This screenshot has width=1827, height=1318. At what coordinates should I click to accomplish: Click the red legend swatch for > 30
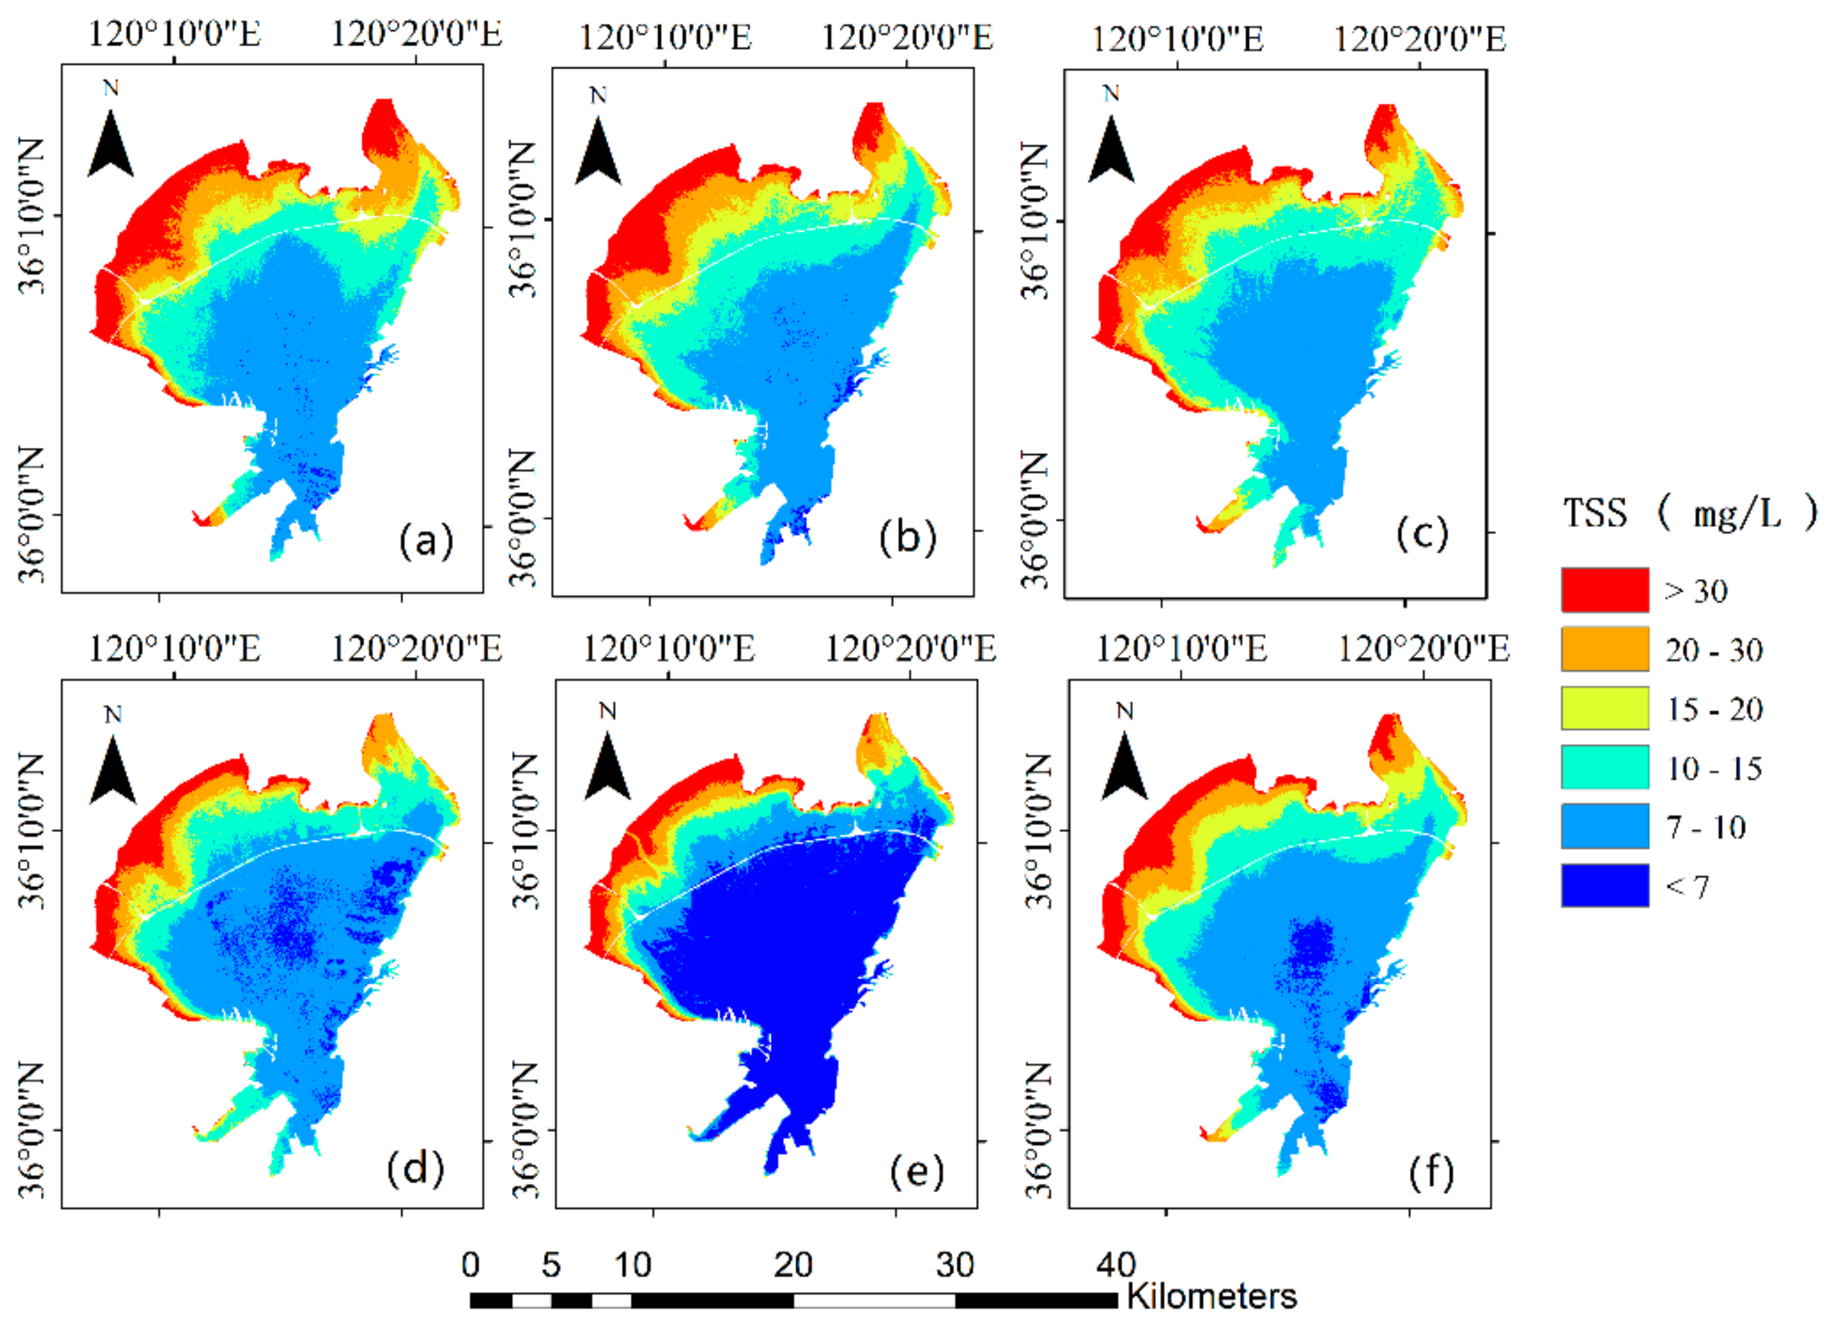[1604, 589]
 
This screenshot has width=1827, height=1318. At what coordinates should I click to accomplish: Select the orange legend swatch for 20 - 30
[1604, 649]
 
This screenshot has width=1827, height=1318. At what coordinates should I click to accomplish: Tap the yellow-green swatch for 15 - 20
[1604, 708]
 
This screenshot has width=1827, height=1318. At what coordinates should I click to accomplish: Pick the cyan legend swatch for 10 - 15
[1604, 767]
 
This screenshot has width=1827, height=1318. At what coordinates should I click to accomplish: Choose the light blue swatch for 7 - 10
[1604, 827]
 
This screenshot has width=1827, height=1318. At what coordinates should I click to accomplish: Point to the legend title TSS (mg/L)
[1689, 512]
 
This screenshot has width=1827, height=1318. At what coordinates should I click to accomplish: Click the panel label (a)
[426, 540]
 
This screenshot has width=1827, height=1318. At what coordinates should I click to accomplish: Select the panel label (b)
[908, 537]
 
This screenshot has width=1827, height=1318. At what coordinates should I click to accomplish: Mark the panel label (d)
[415, 1168]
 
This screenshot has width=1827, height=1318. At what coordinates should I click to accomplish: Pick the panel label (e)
[917, 1170]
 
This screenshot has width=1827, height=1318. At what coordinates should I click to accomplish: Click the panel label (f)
[1431, 1172]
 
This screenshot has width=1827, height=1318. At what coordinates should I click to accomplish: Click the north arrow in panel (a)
[110, 141]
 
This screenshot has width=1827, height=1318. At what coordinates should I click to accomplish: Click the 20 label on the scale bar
[793, 1265]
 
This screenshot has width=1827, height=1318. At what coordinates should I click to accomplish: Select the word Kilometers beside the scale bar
[1211, 1297]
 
